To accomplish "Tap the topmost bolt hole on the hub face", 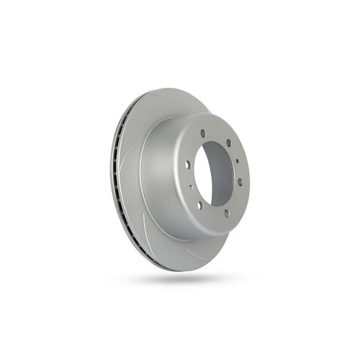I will coord(204,133).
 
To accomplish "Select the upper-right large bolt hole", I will coord(229,143).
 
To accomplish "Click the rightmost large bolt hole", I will coord(240,181).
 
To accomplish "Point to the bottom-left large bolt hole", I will coord(199,204).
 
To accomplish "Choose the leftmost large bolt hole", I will coord(187,164).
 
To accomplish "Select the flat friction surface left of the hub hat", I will coord(130,180).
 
